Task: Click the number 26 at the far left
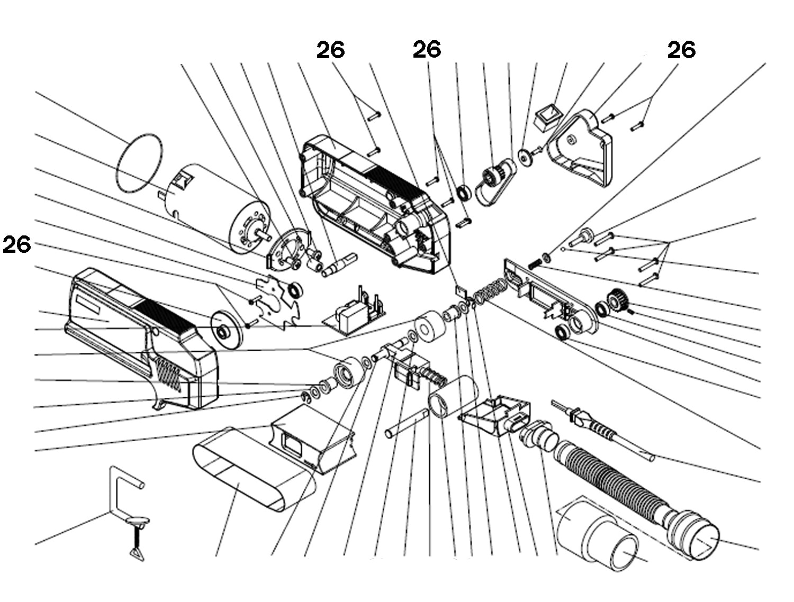coord(17,245)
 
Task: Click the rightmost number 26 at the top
coord(681,50)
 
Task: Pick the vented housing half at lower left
coord(143,339)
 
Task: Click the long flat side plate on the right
coord(551,296)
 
